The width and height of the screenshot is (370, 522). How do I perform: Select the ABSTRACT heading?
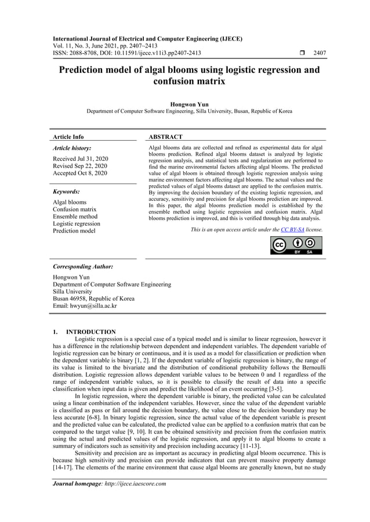pyautogui.click(x=165, y=137)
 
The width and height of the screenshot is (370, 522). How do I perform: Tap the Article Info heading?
pyautogui.click(x=68, y=137)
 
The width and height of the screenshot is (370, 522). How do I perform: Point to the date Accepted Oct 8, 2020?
pyautogui.click(x=79, y=173)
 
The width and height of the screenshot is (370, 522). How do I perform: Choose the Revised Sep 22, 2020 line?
pyautogui.click(x=80, y=166)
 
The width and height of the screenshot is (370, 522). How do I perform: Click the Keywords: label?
pyautogui.click(x=66, y=191)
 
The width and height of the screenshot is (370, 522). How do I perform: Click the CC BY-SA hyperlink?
pyautogui.click(x=293, y=230)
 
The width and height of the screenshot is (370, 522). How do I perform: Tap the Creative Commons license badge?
pyautogui.click(x=296, y=245)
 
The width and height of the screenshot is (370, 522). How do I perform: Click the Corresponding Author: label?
pyautogui.click(x=83, y=267)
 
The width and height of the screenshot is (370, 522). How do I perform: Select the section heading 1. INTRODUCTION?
pyautogui.click(x=84, y=332)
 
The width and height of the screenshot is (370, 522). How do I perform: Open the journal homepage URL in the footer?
pyautogui.click(x=137, y=484)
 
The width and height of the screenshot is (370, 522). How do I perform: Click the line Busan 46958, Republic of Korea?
pyautogui.click(x=93, y=299)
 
